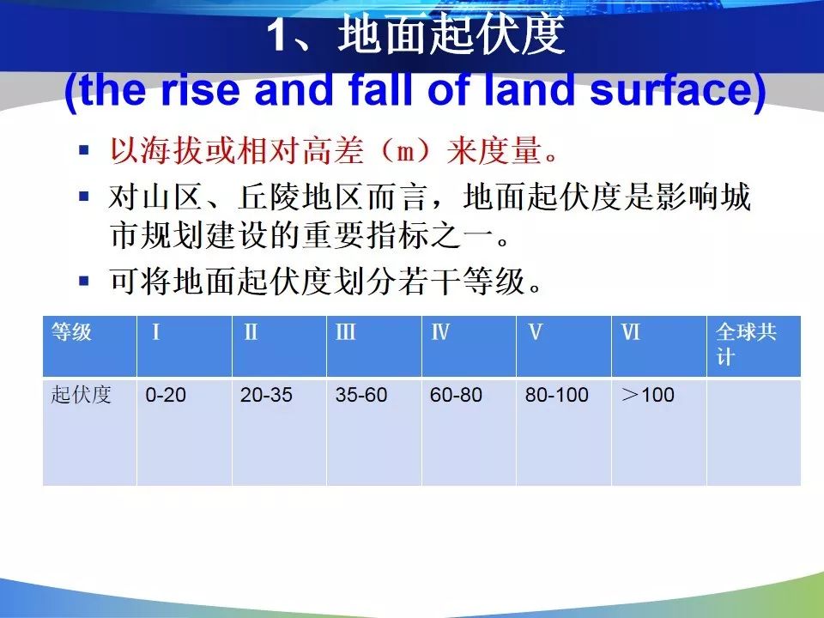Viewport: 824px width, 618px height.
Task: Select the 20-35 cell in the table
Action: point(279,431)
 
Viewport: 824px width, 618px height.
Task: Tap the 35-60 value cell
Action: point(374,431)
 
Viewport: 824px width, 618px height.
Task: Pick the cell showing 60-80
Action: point(469,431)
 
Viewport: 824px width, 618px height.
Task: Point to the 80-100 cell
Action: point(564,431)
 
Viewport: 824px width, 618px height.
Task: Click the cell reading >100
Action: point(659,431)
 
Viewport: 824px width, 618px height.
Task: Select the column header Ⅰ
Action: point(185,346)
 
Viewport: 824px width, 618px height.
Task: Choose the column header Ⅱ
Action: point(279,346)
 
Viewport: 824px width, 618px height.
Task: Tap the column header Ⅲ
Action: point(374,346)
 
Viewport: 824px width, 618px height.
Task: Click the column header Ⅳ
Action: point(469,346)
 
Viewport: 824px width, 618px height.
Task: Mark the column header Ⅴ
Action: point(564,346)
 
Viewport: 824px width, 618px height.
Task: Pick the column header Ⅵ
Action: point(659,346)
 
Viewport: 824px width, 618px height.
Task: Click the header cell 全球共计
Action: point(754,346)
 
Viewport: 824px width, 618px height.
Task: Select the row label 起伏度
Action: point(89,431)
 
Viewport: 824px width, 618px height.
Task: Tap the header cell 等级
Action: point(89,346)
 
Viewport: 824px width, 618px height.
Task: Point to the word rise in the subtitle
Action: point(201,89)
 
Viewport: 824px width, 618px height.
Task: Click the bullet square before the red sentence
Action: point(84,149)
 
